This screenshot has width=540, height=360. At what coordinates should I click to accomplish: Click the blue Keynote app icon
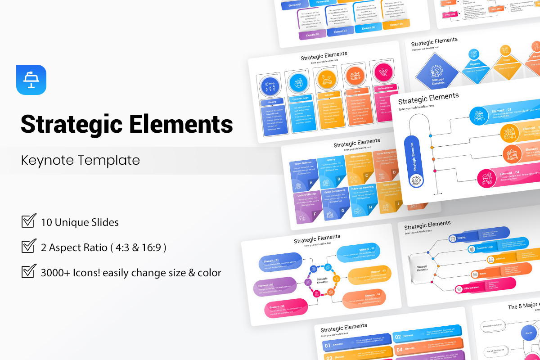tap(31, 80)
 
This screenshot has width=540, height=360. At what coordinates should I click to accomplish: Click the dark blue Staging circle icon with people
tap(269, 85)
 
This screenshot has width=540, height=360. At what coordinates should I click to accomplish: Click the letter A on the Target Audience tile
tap(311, 183)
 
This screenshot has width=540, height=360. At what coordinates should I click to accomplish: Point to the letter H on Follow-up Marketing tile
tap(370, 207)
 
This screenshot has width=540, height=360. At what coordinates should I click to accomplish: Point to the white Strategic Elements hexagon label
tap(323, 280)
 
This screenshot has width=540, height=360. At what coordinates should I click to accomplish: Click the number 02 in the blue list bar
tap(398, 337)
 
